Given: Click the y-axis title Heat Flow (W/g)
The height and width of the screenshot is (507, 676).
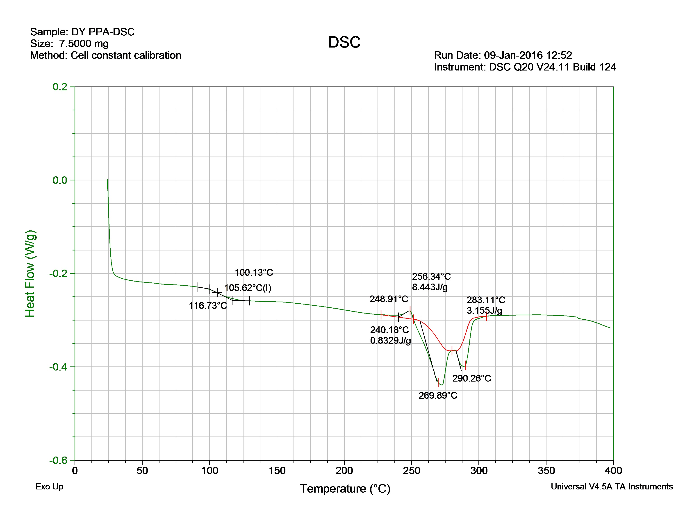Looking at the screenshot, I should click(x=30, y=273).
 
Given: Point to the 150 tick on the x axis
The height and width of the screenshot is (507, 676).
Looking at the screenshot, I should click(x=277, y=470).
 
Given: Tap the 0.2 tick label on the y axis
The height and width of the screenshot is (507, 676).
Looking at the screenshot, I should click(x=60, y=87).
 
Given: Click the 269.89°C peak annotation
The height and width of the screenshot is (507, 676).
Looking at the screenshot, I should click(x=438, y=396).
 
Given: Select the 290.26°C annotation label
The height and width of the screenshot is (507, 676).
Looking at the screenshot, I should click(x=471, y=378).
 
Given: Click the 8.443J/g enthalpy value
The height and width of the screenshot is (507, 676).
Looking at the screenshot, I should click(x=430, y=287).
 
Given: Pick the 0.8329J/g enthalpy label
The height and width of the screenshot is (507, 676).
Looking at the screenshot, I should click(x=390, y=341).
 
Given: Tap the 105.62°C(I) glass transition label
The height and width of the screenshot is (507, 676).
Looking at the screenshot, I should click(x=248, y=288).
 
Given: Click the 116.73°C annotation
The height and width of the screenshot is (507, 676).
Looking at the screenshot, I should click(x=208, y=306).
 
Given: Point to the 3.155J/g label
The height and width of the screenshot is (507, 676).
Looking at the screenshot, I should click(x=484, y=311).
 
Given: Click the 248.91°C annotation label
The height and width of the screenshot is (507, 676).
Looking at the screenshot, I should click(x=389, y=299).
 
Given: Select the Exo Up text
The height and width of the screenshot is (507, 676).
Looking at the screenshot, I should click(x=49, y=487).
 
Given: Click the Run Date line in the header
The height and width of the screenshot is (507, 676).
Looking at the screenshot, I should click(x=503, y=55).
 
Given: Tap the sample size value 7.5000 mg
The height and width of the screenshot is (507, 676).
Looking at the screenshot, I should click(x=84, y=44).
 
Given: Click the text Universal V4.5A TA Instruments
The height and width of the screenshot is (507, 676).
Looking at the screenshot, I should click(x=612, y=487).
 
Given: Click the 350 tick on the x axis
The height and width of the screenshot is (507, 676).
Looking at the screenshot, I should click(x=546, y=470).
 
